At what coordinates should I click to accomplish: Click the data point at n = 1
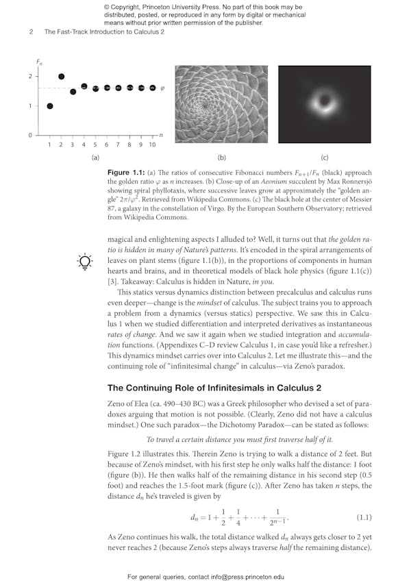(49, 106)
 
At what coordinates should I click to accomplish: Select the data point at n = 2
(61, 77)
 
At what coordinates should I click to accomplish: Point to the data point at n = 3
(73, 91)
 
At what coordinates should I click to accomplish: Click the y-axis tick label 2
(30, 77)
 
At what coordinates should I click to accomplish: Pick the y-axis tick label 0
(30, 135)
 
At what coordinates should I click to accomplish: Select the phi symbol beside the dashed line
(162, 88)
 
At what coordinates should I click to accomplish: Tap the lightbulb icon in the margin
(84, 262)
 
